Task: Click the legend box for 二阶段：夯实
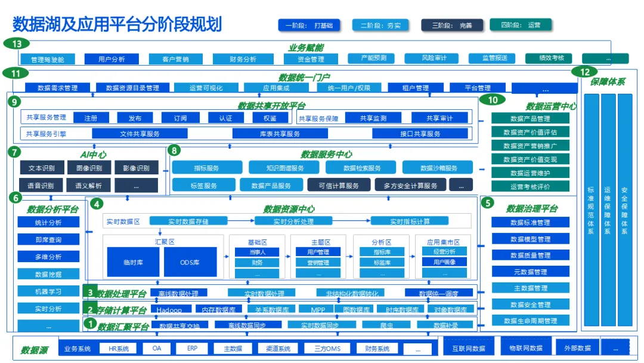[x=381, y=25]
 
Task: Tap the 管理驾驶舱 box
[x=51, y=59]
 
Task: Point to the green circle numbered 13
[x=17, y=44]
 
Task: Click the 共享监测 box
[x=373, y=118]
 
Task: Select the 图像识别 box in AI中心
[x=88, y=168]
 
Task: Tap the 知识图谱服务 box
[x=276, y=168]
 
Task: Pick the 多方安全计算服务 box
[x=410, y=186]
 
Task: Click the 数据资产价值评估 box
[x=530, y=132]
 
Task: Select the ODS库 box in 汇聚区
[x=189, y=263]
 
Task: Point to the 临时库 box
[x=133, y=263]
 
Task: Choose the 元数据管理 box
[x=530, y=272]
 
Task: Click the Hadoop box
[x=169, y=310]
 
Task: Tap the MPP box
[x=317, y=310]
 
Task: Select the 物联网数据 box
[x=525, y=348]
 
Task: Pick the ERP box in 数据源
[x=192, y=348]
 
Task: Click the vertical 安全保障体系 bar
[x=624, y=209]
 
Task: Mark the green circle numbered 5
[x=487, y=203]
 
